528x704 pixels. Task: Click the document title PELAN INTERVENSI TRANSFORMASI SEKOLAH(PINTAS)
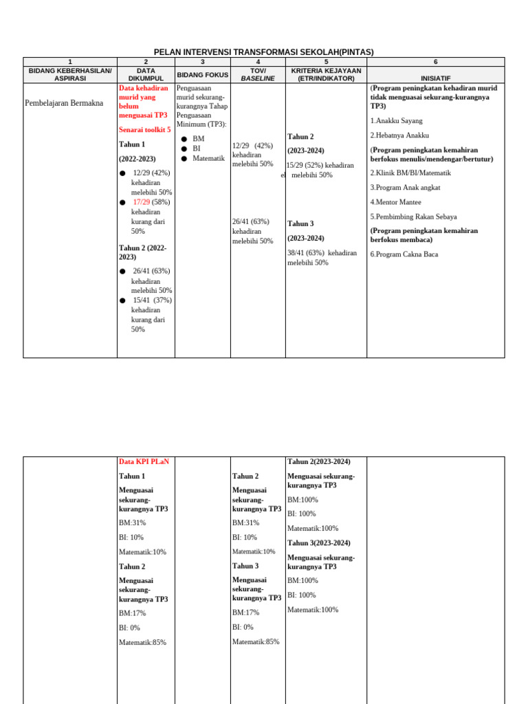point(264,52)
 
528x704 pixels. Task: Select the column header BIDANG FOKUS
point(202,74)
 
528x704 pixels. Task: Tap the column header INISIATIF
point(435,78)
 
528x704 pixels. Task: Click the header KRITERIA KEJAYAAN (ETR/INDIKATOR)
point(326,74)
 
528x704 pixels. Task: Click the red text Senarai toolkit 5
point(144,129)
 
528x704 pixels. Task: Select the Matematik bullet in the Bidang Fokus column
point(208,158)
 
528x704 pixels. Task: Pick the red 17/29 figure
point(142,202)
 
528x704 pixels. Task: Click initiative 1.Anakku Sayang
point(396,121)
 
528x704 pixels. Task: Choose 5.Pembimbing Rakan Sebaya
point(413,217)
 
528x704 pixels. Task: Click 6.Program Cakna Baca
point(404,254)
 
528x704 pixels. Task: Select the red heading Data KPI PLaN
point(144,461)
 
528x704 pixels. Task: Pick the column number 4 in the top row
point(258,62)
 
